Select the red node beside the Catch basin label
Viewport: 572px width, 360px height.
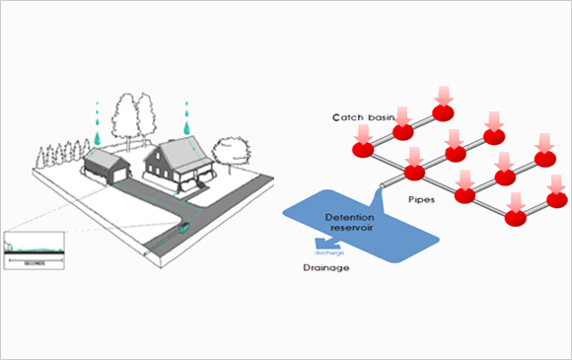(402, 132)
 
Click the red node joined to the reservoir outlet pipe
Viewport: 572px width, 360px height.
(413, 173)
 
